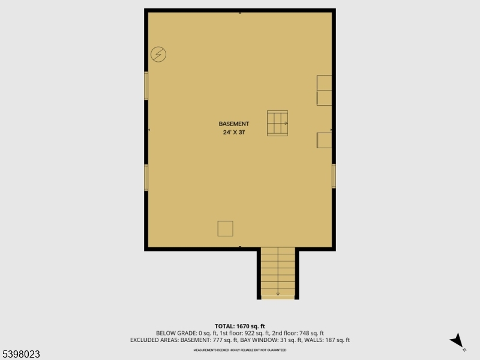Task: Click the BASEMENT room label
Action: (x=234, y=124)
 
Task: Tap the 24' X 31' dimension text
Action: (x=234, y=132)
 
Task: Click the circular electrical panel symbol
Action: (x=158, y=55)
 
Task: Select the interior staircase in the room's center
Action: (x=277, y=123)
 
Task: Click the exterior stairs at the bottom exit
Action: (x=278, y=272)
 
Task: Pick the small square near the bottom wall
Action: (x=225, y=229)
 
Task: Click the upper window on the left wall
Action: (x=146, y=86)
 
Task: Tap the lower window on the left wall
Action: (x=146, y=178)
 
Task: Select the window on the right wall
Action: (x=334, y=176)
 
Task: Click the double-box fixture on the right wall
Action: (x=324, y=90)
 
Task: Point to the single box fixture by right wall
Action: (x=324, y=140)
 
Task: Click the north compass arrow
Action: (x=458, y=341)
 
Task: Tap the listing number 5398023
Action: (x=20, y=355)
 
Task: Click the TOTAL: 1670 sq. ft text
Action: (x=239, y=326)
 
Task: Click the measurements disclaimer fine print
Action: (x=239, y=349)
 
